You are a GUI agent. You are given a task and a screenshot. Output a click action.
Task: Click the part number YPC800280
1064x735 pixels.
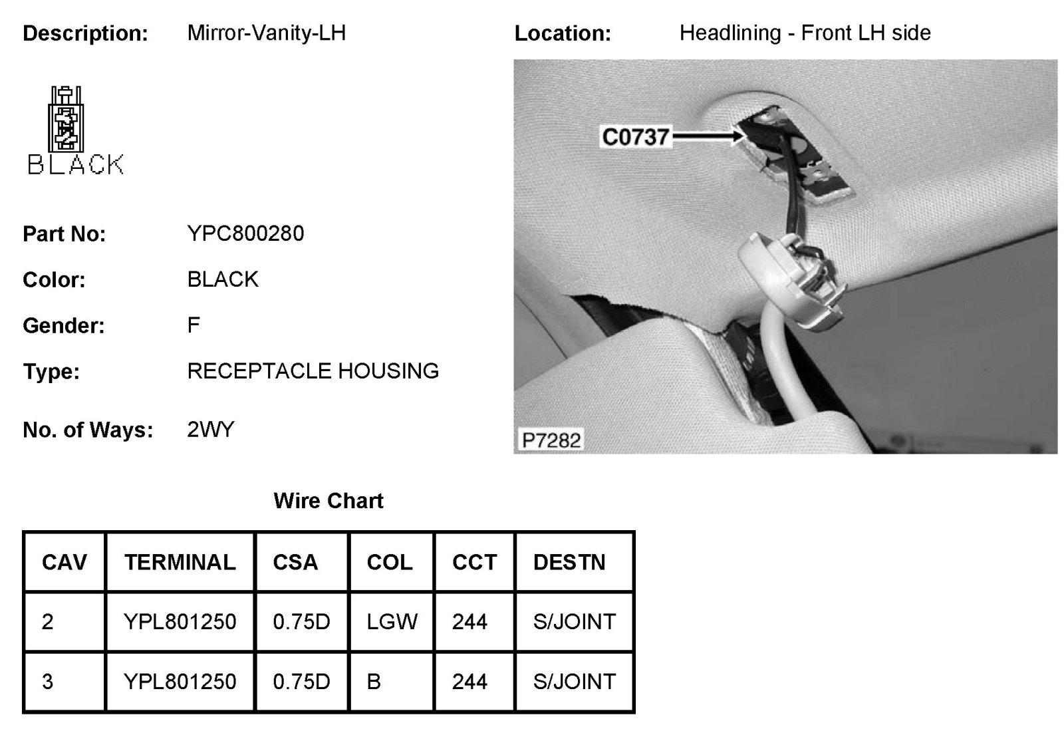click(x=245, y=233)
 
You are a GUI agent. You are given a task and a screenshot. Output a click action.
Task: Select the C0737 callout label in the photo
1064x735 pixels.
click(x=635, y=137)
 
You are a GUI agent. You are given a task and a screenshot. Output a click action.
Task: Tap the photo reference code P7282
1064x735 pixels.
click(x=551, y=440)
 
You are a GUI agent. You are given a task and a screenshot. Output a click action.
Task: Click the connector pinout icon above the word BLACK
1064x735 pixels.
click(x=66, y=120)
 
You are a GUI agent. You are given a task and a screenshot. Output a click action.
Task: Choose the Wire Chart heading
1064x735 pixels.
click(x=328, y=501)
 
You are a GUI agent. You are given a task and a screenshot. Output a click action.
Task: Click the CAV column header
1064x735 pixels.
click(x=64, y=563)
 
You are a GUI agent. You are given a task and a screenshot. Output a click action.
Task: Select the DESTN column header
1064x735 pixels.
click(x=569, y=563)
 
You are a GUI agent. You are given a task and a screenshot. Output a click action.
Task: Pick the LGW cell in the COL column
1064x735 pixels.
click(x=392, y=622)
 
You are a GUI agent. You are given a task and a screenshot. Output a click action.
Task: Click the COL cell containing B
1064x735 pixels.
click(x=374, y=682)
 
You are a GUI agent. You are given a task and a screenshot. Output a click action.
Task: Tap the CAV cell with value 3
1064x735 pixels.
click(x=48, y=682)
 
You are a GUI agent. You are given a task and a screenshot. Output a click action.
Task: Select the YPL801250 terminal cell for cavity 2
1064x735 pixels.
click(x=180, y=622)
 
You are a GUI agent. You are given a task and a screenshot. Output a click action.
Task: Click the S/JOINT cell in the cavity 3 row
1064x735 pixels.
click(x=574, y=682)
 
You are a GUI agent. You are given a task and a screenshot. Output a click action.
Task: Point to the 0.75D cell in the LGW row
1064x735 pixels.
click(x=301, y=622)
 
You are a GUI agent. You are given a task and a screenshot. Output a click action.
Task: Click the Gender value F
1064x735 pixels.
click(x=194, y=325)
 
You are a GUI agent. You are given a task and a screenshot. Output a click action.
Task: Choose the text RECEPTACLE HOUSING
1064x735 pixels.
click(x=313, y=370)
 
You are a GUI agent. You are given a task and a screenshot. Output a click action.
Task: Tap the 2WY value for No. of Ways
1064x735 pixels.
click(x=210, y=430)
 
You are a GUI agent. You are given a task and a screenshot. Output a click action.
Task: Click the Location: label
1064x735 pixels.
click(x=562, y=34)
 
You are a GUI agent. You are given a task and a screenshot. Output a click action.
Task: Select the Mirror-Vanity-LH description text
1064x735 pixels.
click(x=266, y=33)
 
